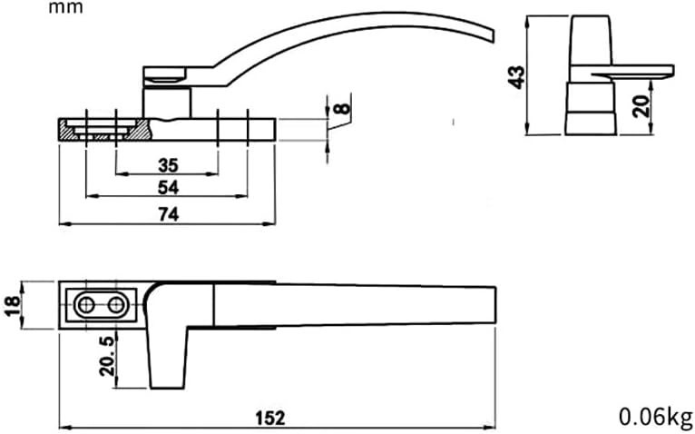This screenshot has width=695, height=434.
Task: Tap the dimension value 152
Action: (270, 417)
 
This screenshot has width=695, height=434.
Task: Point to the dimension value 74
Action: (168, 213)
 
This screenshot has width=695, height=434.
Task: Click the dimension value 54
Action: (168, 187)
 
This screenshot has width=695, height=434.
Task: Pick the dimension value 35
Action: (168, 165)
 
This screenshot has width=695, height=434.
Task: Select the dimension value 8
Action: (341, 111)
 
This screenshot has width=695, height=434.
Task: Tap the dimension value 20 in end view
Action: (641, 106)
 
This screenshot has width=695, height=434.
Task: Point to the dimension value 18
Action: (12, 304)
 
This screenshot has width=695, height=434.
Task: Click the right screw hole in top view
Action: (116, 305)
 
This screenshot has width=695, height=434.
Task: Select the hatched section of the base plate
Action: (71, 129)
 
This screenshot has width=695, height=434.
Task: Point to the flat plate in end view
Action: (635, 71)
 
